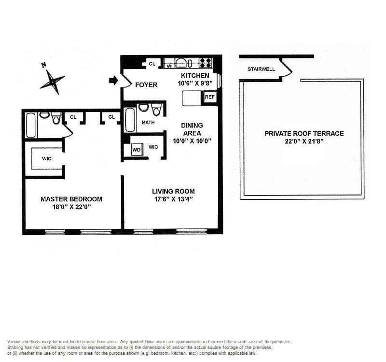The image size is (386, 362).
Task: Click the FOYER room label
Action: pos(146,85)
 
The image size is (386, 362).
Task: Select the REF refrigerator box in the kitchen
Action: pos(210,97)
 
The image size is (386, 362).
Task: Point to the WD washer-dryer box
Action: pos(137,150)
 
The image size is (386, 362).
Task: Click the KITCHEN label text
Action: pos(195,76)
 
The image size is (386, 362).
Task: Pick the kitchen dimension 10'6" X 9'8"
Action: pos(195,84)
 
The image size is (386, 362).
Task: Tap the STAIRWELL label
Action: pos(261,69)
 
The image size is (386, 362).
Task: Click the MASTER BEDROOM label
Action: pos(71,199)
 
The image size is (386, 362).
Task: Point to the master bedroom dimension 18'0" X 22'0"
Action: pos(71,207)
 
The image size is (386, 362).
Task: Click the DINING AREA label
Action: pos(192,129)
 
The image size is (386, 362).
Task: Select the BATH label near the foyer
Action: pos(148,123)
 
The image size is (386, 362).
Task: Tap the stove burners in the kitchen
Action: pos(205,62)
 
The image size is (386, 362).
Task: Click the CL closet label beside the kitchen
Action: pos(152,64)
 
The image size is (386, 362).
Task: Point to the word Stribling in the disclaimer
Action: pos(17,348)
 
